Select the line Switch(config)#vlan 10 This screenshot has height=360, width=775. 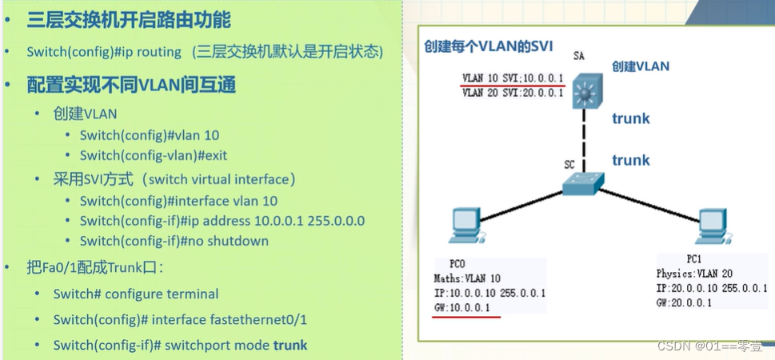coord(149,135)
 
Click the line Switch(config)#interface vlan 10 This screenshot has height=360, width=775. coord(178,201)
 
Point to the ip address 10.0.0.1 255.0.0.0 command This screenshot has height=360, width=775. coord(222,221)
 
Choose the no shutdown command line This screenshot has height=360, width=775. coord(174,241)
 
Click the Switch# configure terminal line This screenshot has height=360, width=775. coord(136,294)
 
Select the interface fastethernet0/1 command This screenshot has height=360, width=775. coord(180,319)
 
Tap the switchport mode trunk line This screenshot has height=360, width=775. coord(180,345)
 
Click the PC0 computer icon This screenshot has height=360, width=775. coord(465,226)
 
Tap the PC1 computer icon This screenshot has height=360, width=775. coord(710,226)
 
